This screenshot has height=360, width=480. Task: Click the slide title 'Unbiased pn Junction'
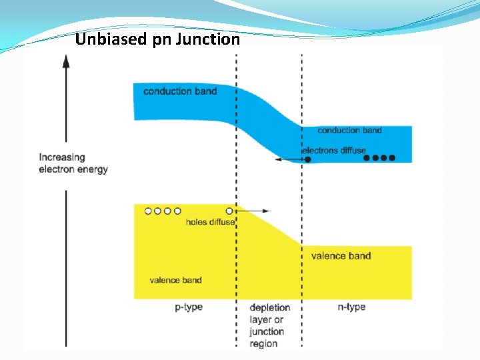point(157,39)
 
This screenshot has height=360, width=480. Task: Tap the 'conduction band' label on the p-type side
point(180,91)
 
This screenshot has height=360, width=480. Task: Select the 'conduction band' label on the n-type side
point(349,131)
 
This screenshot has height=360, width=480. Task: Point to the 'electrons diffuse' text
point(335,150)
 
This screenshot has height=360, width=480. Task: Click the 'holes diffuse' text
point(210,222)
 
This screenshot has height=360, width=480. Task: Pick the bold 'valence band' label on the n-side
point(341,255)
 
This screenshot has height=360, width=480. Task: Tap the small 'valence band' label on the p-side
point(175,280)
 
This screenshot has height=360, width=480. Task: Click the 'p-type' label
point(189,307)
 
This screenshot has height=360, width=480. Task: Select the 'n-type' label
point(351,307)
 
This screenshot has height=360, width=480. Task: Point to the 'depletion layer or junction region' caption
point(269,325)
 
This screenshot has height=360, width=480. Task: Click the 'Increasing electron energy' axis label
point(73,163)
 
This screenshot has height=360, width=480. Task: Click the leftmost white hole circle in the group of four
point(147,211)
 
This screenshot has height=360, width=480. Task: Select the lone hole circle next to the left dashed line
point(231,211)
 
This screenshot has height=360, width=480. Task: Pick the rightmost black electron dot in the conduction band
point(392,158)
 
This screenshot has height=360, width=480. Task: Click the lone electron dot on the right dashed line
point(307,159)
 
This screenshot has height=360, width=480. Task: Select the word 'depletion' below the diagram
point(269,307)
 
